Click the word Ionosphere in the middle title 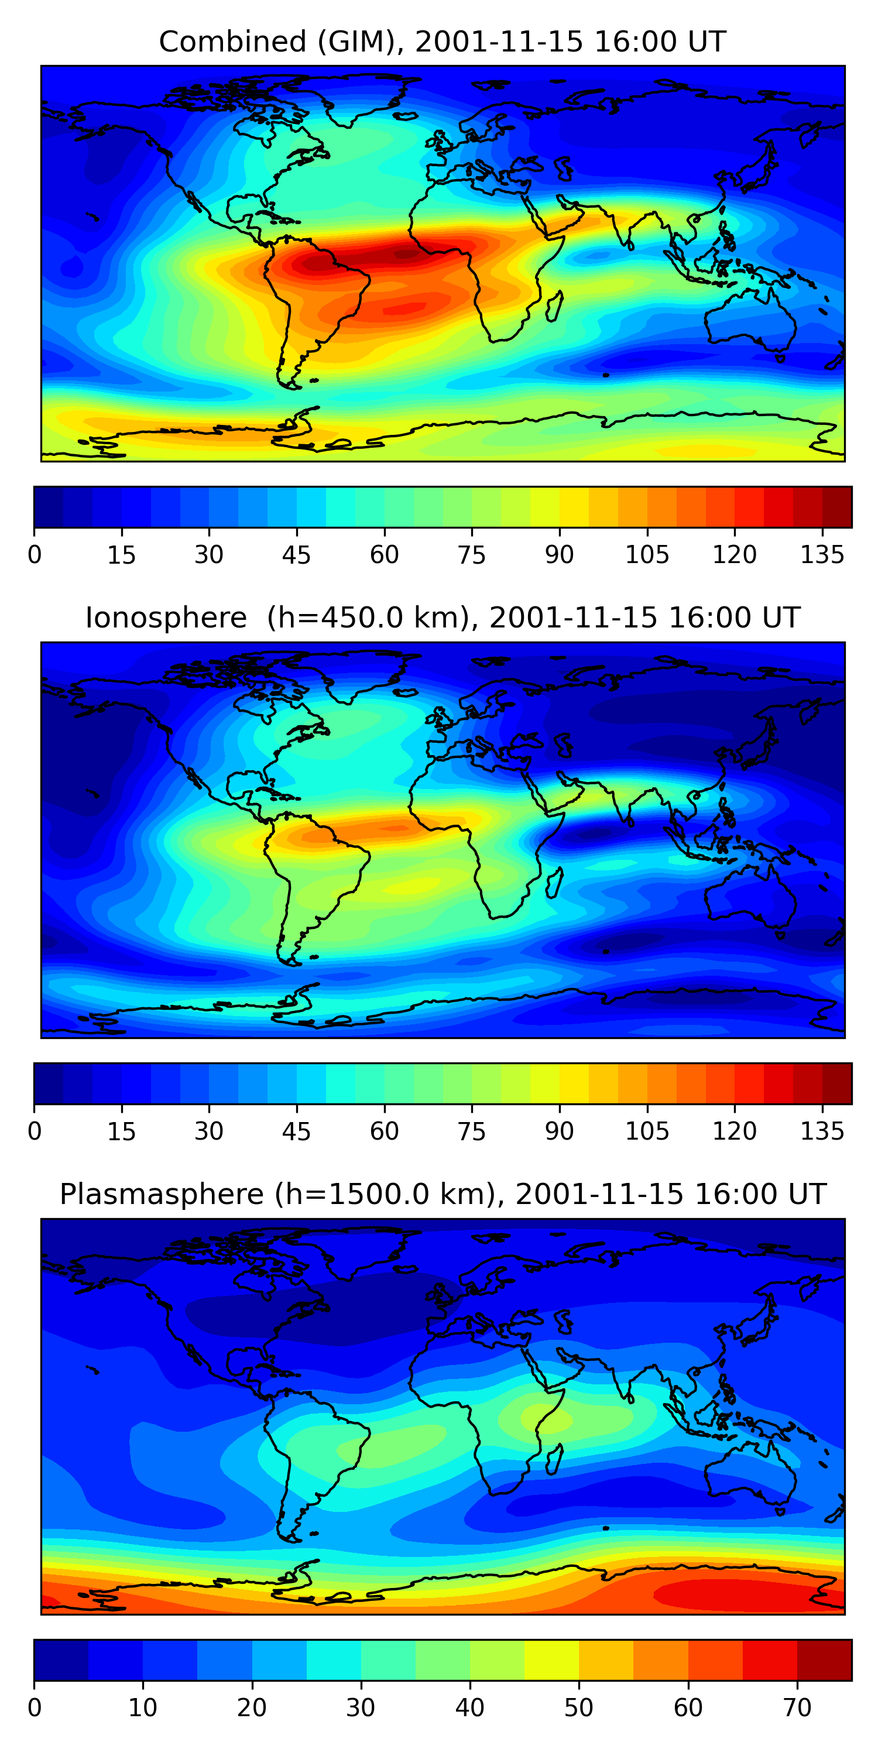tap(166, 618)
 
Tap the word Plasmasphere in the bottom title tap(162, 1194)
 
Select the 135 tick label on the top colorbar tap(822, 555)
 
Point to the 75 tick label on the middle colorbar tap(472, 1131)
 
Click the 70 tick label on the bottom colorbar tap(797, 1707)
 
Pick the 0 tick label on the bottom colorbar tap(35, 1707)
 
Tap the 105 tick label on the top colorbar tap(647, 555)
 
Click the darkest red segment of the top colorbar tap(837, 507)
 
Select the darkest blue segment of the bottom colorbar tap(61, 1660)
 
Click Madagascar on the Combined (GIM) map tap(555, 306)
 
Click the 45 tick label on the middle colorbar tap(297, 1131)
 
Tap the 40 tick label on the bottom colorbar tap(469, 1707)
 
